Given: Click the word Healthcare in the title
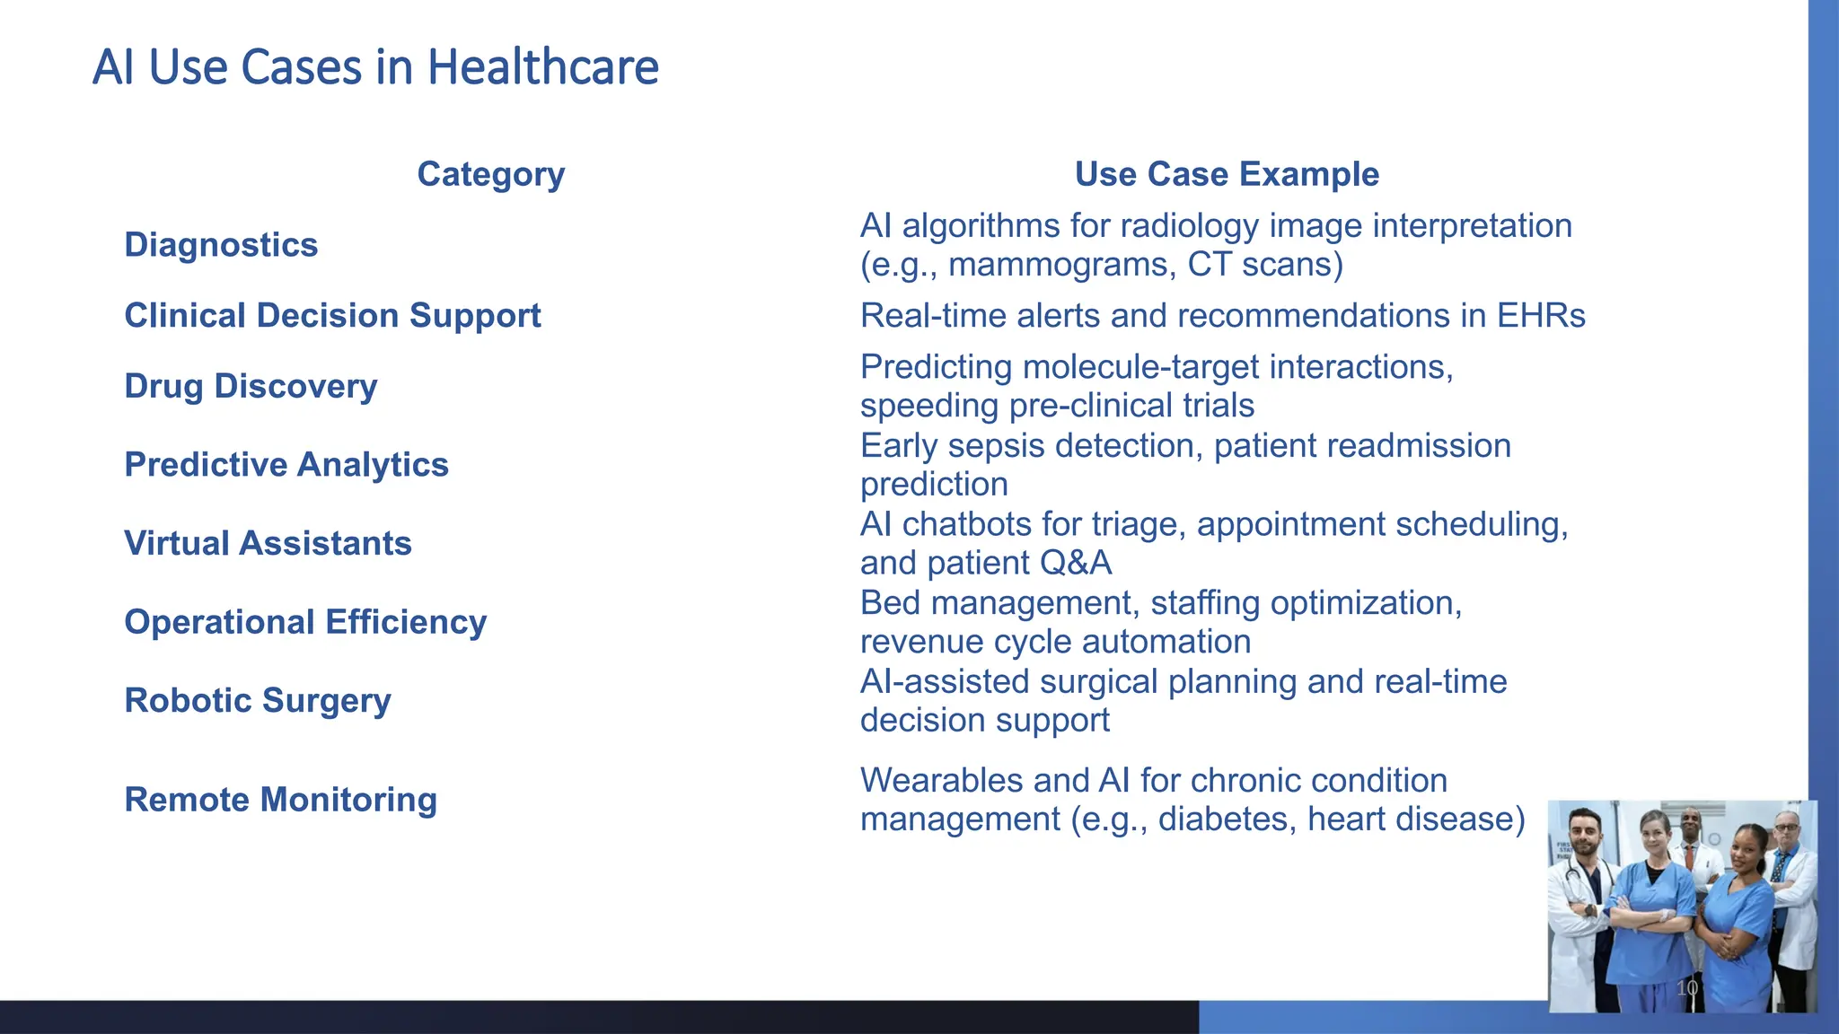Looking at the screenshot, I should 542,67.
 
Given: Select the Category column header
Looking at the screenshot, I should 490,174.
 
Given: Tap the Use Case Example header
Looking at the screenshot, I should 1226,174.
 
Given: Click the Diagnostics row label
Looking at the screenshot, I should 221,245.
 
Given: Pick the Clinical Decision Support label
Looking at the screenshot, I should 332,316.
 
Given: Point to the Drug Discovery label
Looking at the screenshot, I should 251,386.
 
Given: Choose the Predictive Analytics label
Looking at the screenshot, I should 286,465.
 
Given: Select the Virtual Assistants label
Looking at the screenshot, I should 268,544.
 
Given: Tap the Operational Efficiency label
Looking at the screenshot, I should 305,622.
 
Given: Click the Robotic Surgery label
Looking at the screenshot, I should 258,701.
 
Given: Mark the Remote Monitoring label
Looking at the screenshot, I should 280,800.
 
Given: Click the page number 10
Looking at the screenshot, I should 1687,988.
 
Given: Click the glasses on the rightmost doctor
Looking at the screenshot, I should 1786,826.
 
